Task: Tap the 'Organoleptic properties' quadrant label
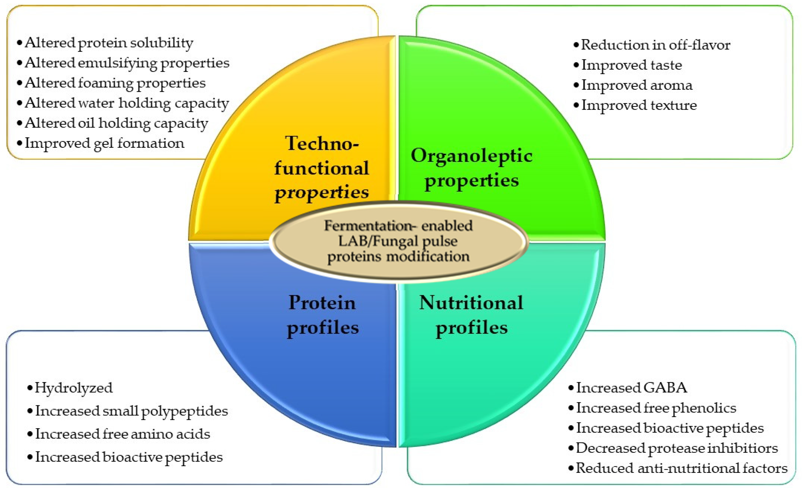tap(471, 168)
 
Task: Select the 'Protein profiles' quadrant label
tap(322, 315)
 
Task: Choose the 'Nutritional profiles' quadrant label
tap(471, 315)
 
